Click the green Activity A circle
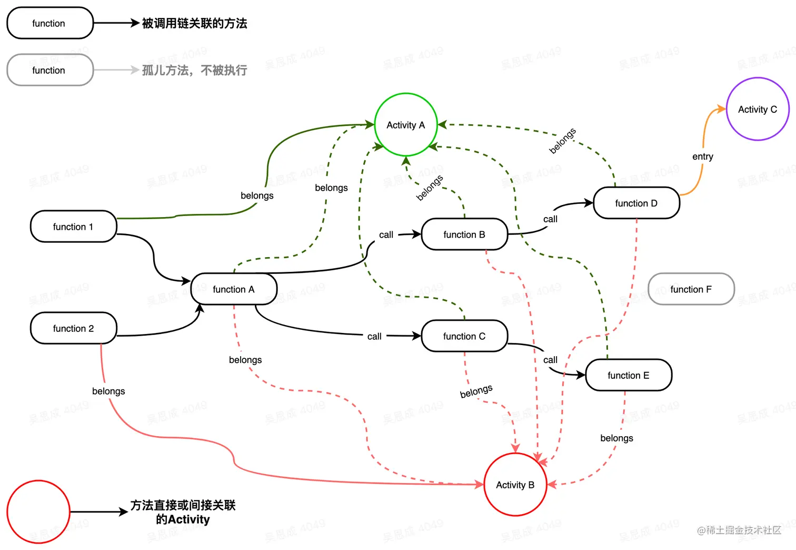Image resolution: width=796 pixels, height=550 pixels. click(406, 125)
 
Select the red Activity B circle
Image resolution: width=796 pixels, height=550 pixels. click(515, 485)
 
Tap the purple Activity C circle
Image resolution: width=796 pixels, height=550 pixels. click(758, 109)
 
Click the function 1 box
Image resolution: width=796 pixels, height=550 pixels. click(73, 227)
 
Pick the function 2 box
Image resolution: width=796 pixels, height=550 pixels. click(73, 328)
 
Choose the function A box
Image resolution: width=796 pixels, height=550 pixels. click(234, 289)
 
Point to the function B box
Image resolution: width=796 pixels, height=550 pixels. click(464, 234)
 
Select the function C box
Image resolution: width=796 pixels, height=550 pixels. click(464, 336)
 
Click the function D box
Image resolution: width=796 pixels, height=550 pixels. click(636, 203)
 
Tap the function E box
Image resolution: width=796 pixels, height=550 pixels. click(628, 375)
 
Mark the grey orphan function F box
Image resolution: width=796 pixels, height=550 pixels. click(691, 289)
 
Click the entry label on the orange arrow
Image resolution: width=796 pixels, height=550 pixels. click(703, 156)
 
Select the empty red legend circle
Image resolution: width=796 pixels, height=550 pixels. click(38, 512)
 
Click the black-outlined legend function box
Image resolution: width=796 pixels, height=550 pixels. click(49, 23)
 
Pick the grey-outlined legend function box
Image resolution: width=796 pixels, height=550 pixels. click(49, 70)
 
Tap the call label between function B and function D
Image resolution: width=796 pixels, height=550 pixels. click(550, 219)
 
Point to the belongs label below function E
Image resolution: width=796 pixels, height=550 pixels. click(616, 438)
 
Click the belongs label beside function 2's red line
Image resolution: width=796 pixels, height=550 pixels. click(108, 391)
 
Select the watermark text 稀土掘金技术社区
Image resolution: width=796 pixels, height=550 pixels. click(743, 530)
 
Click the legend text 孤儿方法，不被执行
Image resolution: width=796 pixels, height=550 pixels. click(194, 70)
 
